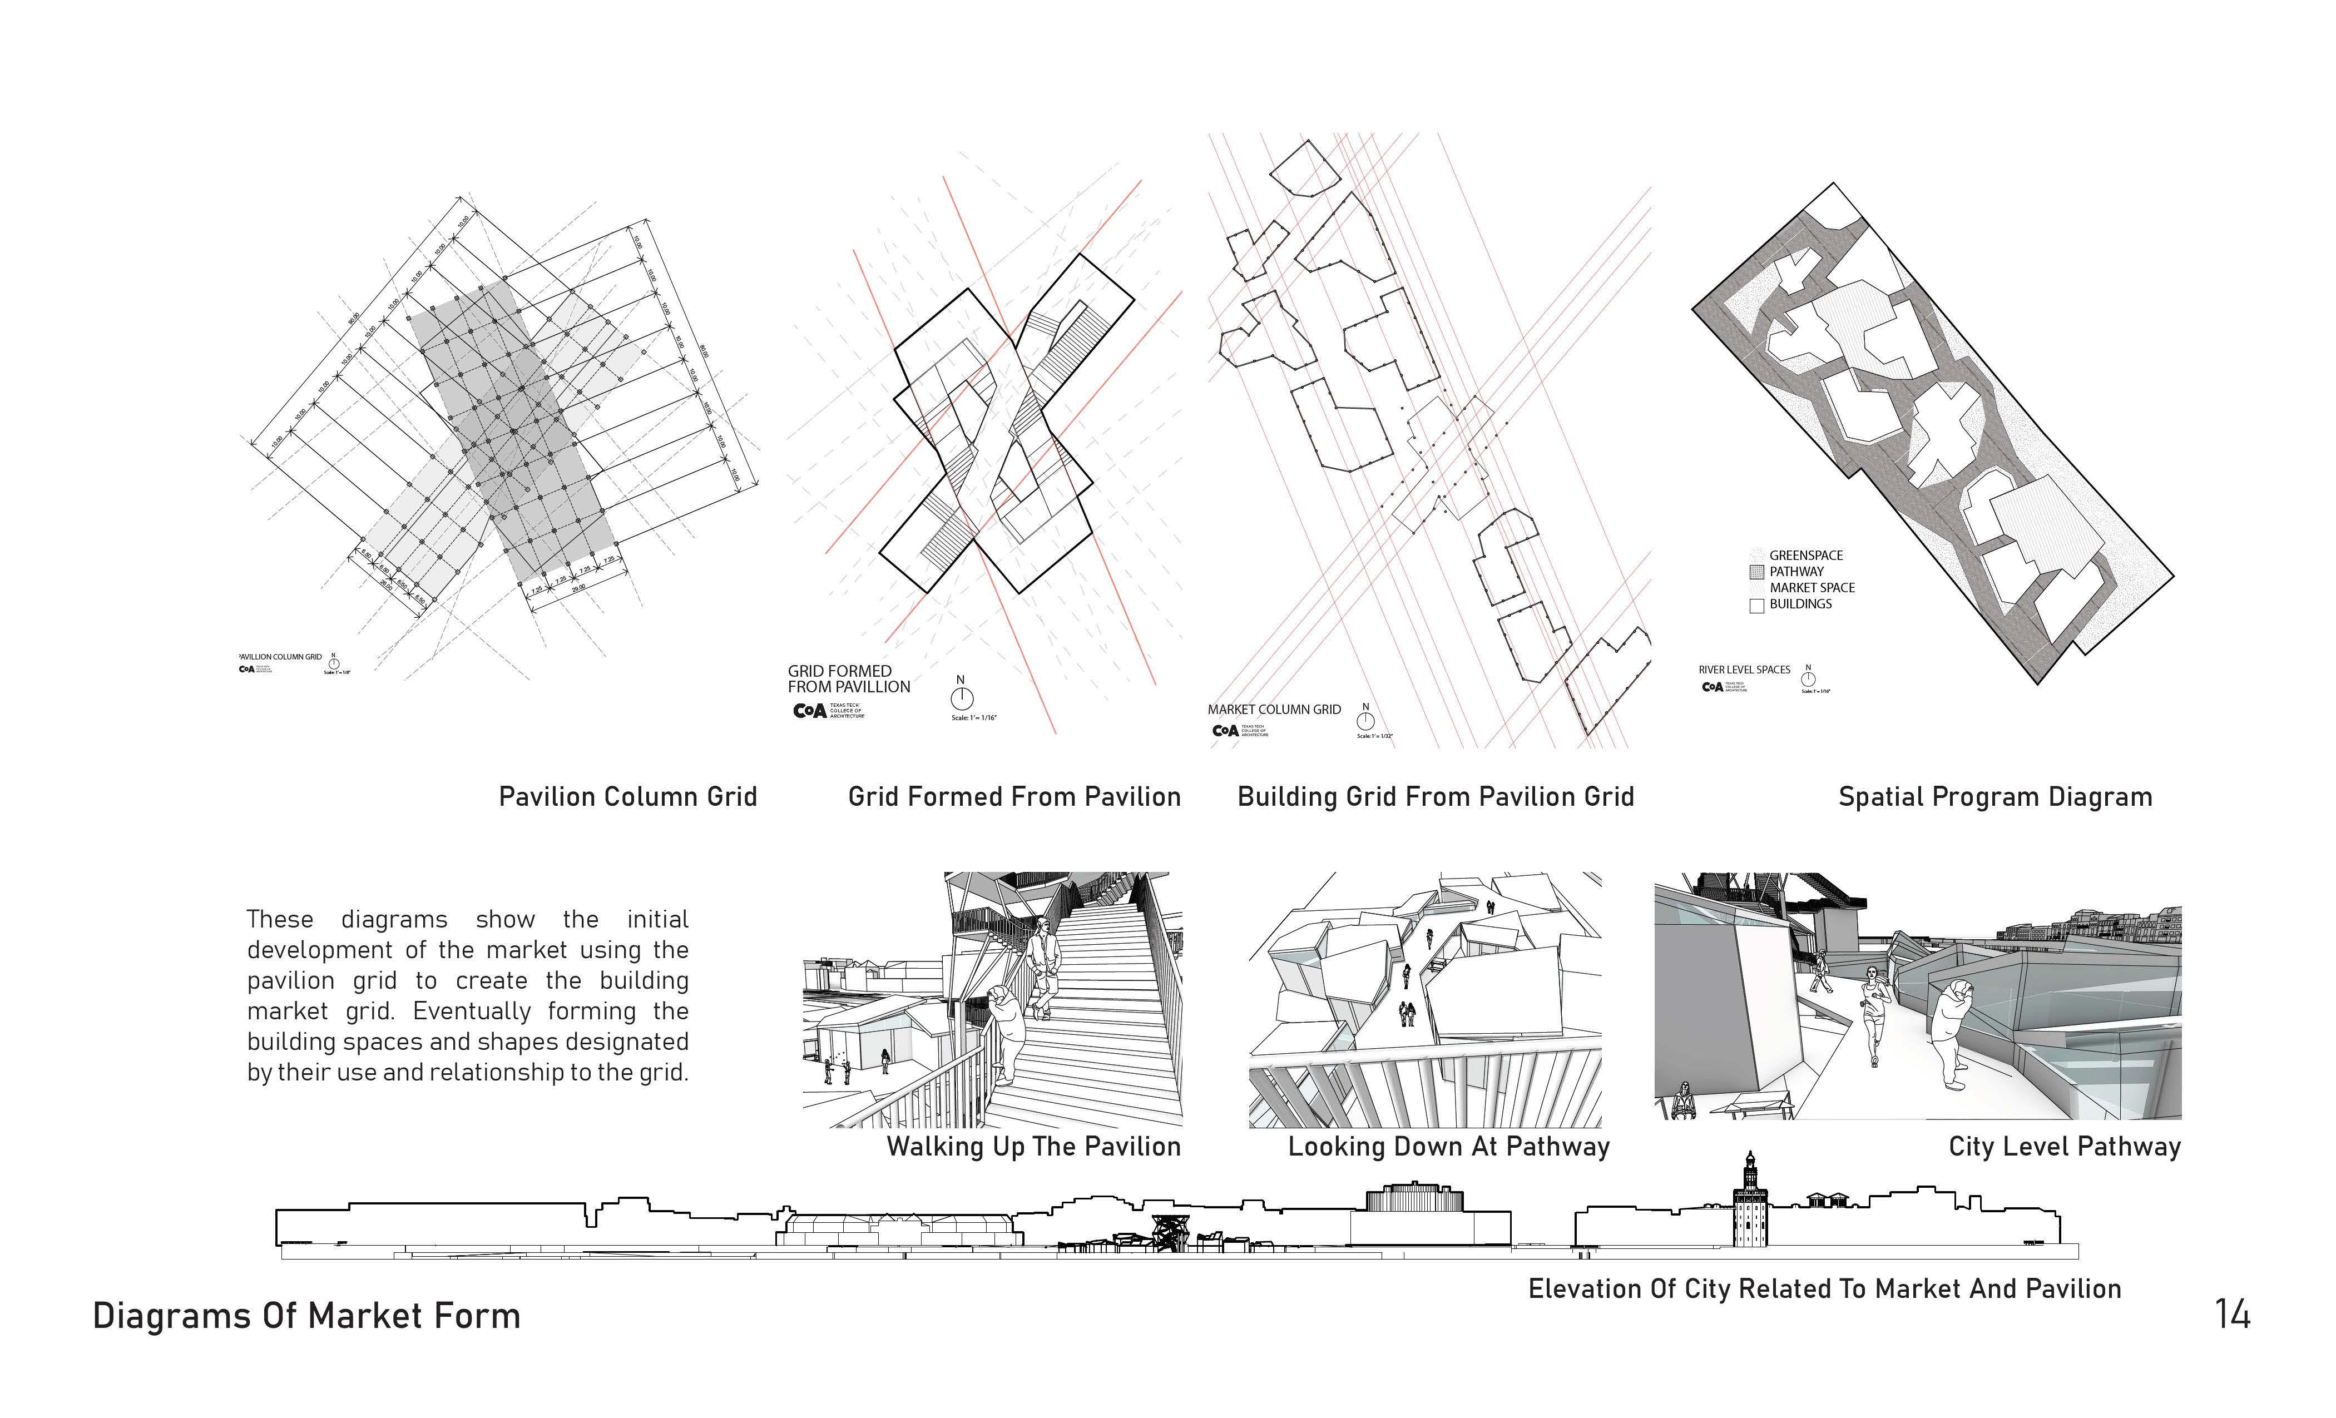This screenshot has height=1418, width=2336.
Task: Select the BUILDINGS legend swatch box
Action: tap(1756, 606)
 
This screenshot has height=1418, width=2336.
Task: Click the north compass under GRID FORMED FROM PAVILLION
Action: tap(961, 698)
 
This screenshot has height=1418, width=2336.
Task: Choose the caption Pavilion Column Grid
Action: tap(627, 796)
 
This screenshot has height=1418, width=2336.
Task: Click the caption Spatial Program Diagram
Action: tap(1994, 796)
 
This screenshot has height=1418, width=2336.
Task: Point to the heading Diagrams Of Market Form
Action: tap(306, 1316)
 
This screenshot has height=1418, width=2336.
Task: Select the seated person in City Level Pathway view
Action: tap(1684, 1102)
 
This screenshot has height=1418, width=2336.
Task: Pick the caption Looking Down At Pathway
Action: tap(1448, 1147)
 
